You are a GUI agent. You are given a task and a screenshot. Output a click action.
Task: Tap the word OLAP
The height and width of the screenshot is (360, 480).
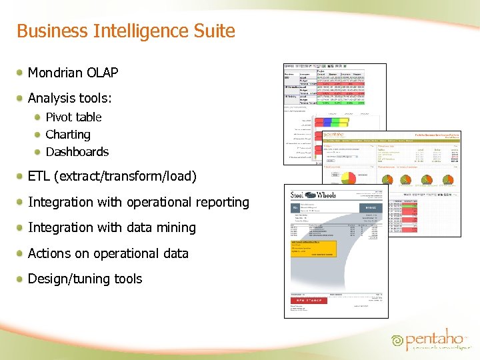(103, 72)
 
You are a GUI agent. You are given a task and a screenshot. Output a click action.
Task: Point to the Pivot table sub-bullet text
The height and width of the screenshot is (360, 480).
(73, 117)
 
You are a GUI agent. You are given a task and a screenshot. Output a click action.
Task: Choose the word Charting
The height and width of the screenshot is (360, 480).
(68, 135)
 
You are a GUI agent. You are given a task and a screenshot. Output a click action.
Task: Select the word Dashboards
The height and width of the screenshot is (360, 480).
(77, 152)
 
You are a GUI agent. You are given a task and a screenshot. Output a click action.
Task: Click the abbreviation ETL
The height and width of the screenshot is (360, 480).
(40, 177)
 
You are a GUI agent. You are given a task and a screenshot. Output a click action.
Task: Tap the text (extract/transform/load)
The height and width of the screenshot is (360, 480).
(127, 177)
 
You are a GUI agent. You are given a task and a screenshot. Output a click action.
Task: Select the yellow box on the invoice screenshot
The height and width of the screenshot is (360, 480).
(313, 249)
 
